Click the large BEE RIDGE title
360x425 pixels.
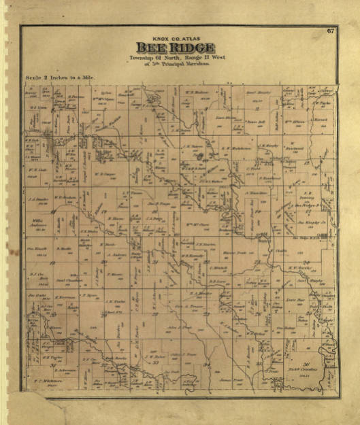point(176,48)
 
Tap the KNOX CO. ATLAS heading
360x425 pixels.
point(175,37)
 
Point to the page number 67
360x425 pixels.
point(329,30)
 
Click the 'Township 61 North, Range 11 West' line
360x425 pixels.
point(175,58)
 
